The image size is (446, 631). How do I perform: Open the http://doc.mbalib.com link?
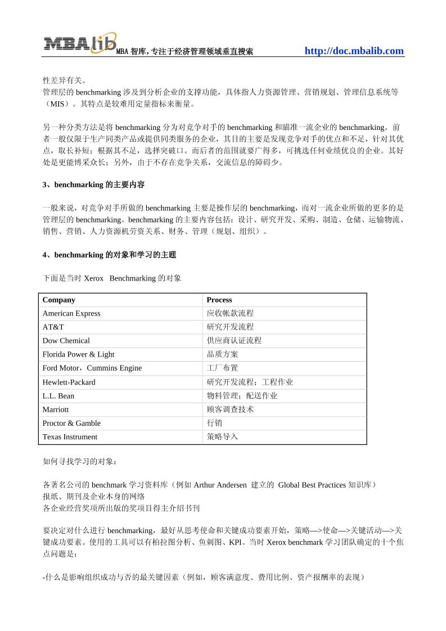(x=354, y=51)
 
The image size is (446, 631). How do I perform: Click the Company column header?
(x=58, y=300)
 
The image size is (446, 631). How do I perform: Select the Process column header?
(x=219, y=300)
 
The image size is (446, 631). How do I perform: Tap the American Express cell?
(x=71, y=313)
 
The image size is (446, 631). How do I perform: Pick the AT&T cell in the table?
(x=53, y=327)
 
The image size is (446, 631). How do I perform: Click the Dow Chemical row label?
(x=66, y=340)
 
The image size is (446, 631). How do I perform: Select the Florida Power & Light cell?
(x=78, y=354)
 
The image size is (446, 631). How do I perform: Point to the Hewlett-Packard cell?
(x=69, y=382)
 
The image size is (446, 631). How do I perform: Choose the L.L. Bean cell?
(x=58, y=395)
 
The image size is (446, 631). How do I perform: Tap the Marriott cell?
(x=55, y=409)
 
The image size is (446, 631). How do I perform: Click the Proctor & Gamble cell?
(x=71, y=423)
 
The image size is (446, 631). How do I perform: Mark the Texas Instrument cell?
(x=70, y=436)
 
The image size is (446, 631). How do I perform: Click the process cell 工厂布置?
(x=222, y=368)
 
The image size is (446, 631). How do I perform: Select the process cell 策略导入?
(x=222, y=436)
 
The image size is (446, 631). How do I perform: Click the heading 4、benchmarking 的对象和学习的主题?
(x=109, y=255)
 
